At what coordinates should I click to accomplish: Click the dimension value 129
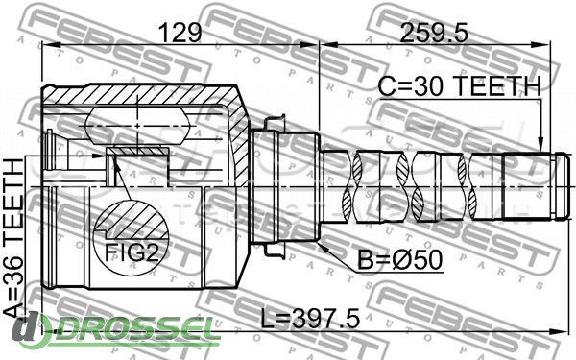[x=181, y=33]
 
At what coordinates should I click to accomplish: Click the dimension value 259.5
[x=434, y=33]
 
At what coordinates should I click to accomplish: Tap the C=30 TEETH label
[x=460, y=86]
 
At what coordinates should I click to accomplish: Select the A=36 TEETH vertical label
[x=14, y=238]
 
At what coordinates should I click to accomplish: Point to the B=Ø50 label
[x=400, y=260]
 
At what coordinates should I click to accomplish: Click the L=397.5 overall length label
[x=310, y=319]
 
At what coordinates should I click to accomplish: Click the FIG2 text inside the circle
[x=132, y=252]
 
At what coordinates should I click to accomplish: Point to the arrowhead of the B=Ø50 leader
[x=323, y=247]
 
